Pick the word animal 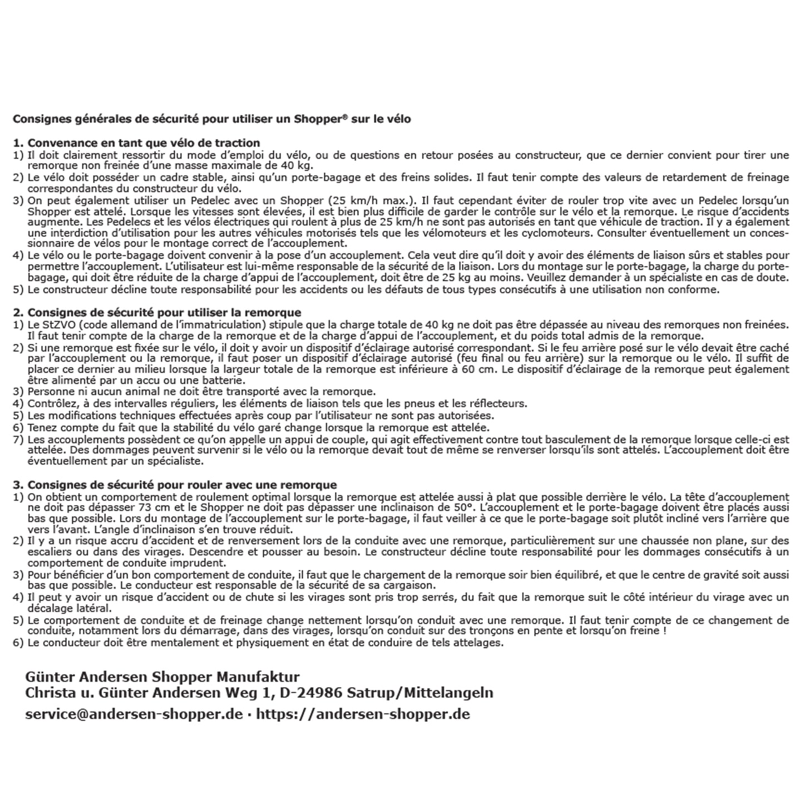click(124, 392)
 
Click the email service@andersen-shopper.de click(134, 714)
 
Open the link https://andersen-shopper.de click(363, 714)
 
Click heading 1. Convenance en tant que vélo click(136, 143)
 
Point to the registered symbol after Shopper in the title click(346, 117)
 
